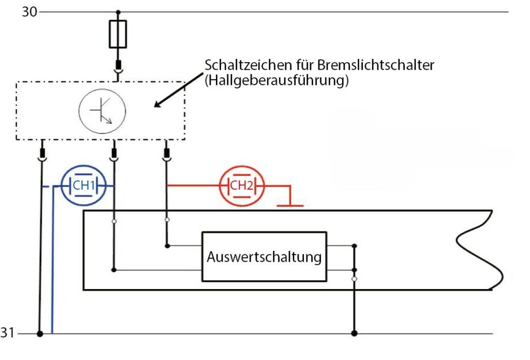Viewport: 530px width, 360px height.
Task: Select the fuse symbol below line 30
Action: [118, 35]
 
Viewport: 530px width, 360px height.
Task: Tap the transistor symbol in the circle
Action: [102, 110]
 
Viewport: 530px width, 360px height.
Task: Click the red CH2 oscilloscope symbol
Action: [242, 186]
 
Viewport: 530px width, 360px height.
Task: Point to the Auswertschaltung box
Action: [264, 257]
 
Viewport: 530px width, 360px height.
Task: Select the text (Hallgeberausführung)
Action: [275, 81]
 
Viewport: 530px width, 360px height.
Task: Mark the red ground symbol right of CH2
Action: [290, 205]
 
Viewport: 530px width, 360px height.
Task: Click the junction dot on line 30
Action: [118, 11]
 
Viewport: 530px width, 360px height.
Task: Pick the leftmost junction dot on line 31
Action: [40, 334]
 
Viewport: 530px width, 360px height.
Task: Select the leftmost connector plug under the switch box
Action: [41, 154]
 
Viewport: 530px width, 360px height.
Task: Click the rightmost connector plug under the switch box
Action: [166, 154]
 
